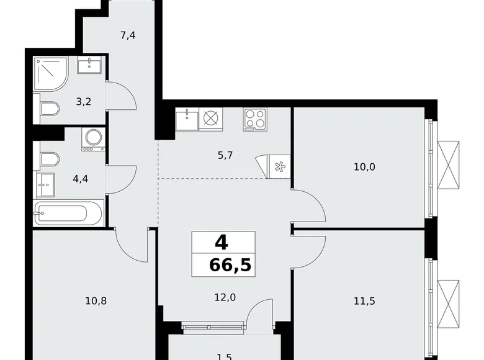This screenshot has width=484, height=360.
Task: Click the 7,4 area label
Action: (x=128, y=35)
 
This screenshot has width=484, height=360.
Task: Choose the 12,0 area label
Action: (x=225, y=297)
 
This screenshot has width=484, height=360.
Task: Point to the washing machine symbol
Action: (x=93, y=140)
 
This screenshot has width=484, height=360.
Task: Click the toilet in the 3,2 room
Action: (x=48, y=110)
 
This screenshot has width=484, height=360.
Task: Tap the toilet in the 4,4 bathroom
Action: (x=48, y=158)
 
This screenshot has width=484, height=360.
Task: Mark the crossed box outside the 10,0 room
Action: (x=449, y=165)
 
